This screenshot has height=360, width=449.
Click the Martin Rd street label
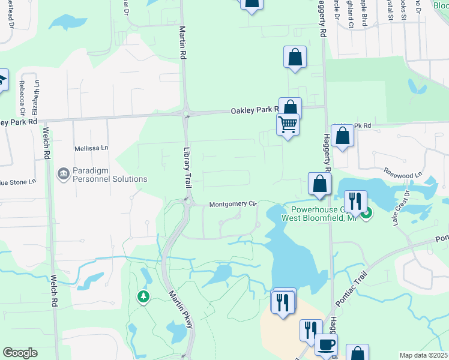click(181, 42)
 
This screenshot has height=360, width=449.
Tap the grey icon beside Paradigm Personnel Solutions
click(63, 175)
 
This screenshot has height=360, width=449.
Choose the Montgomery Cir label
click(233, 205)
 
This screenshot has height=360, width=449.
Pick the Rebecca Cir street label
click(22, 98)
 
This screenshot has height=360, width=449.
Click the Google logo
click(20, 353)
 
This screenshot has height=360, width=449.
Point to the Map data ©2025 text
click(423, 355)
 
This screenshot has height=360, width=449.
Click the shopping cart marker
click(288, 125)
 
